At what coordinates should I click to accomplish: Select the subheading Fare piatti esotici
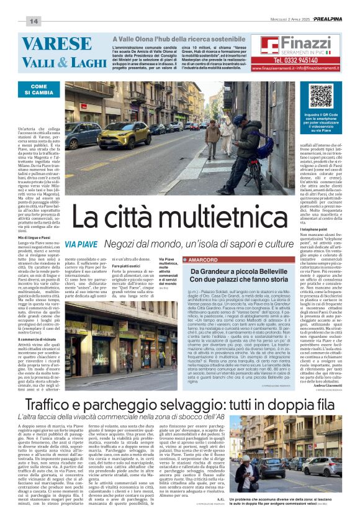tap(128, 266)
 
